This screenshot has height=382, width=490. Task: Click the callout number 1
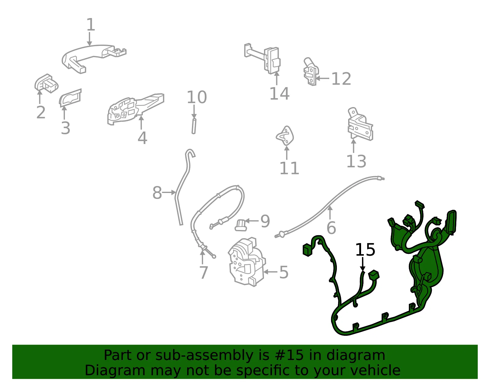point(91,24)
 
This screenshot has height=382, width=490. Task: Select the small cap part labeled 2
point(46,83)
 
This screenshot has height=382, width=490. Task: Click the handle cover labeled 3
point(70,98)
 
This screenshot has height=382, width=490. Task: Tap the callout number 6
point(331,228)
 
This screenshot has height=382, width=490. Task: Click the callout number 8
point(157,193)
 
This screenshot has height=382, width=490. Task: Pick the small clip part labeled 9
point(241,225)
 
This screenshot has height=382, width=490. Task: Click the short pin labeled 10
point(194,126)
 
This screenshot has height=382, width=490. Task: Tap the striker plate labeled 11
point(285,136)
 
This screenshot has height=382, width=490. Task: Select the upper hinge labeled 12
point(311,72)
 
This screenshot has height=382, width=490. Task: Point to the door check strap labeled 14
point(263,58)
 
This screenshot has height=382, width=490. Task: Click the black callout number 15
point(365,249)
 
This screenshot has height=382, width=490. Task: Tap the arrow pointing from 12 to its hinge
point(322,79)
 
